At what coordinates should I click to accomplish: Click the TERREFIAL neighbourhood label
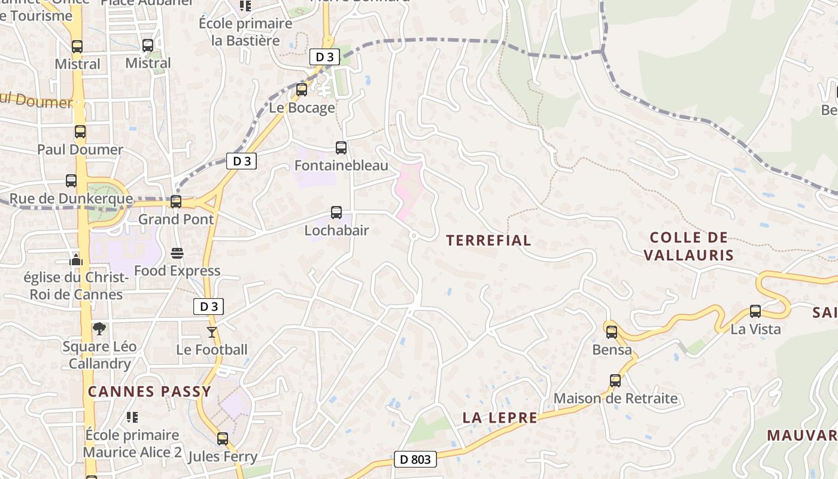coord(488,240)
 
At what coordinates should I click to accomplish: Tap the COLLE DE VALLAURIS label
coord(688,246)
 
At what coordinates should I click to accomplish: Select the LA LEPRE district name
coord(500,418)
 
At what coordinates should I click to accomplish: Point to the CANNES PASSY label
coord(150,392)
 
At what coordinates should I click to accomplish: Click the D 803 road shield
coord(415,460)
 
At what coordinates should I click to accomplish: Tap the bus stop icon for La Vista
coord(755,311)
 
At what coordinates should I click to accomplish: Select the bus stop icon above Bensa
coord(611,332)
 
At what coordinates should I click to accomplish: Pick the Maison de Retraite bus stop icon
coord(615,380)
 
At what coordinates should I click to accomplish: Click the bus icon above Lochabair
coord(336,213)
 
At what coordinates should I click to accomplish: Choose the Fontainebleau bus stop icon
coord(341,147)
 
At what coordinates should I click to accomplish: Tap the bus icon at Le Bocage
coord(302,90)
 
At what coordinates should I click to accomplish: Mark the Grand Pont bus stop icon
coord(176,202)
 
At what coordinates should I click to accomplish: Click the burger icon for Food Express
coord(177,253)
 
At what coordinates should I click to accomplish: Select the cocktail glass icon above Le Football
coord(211,332)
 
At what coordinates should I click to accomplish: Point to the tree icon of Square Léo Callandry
coord(99,328)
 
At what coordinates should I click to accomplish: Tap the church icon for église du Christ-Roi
coord(76,259)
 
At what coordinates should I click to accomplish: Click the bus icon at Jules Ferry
coord(223,439)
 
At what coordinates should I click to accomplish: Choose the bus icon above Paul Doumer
coord(80,132)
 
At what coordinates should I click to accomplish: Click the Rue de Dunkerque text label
coord(71,199)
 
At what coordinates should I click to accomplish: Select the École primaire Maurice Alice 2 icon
coord(132,417)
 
